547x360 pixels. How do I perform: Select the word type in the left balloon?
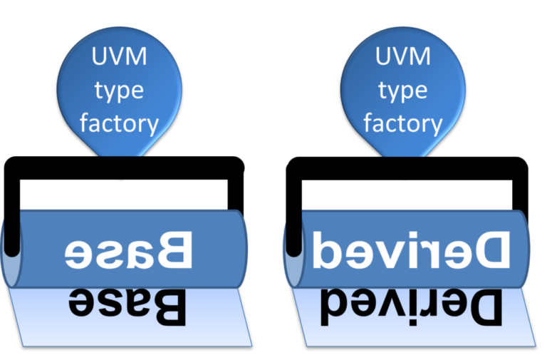(x=119, y=91)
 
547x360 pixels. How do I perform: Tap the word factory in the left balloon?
(x=119, y=123)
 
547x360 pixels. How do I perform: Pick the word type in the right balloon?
(x=403, y=91)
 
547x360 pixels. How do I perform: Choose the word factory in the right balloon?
(x=403, y=123)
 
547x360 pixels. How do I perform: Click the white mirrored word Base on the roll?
(x=129, y=250)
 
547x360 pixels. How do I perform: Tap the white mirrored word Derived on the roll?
(x=411, y=250)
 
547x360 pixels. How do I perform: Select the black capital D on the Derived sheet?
(x=485, y=305)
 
